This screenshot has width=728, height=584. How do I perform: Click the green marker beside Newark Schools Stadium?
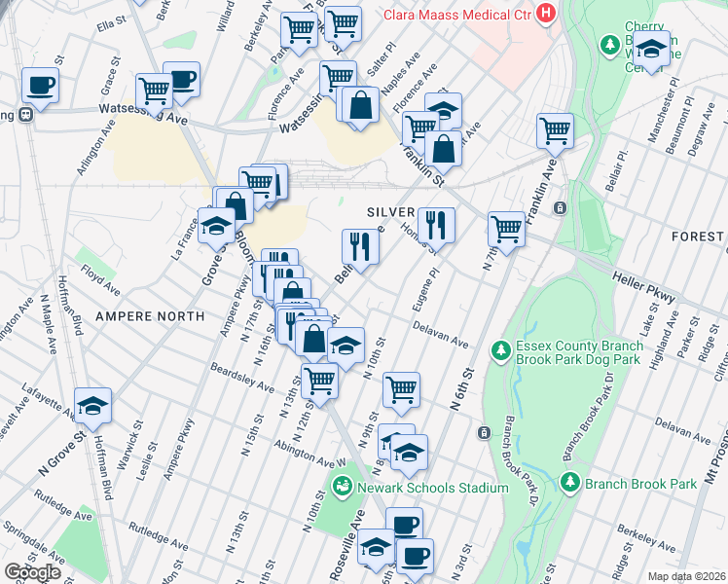[343, 486]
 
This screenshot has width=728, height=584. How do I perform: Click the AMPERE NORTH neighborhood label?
[149, 316]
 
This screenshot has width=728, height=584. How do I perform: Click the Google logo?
[32, 572]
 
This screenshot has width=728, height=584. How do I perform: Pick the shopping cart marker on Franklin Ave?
[555, 130]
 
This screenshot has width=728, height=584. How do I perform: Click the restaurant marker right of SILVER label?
[435, 225]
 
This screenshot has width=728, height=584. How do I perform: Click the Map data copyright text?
[686, 576]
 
